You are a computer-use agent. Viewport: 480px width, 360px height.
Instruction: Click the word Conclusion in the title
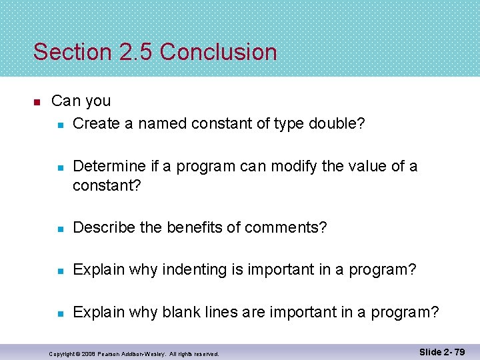coord(219,52)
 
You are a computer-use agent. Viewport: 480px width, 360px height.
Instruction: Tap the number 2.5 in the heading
coord(135,52)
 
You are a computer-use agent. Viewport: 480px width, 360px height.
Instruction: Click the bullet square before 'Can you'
coord(37,102)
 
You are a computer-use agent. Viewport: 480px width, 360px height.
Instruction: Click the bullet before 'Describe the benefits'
coord(60,229)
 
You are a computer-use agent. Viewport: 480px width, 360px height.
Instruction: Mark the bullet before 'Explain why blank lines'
coord(60,313)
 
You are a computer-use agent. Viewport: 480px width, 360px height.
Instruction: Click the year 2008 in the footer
coord(86,354)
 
